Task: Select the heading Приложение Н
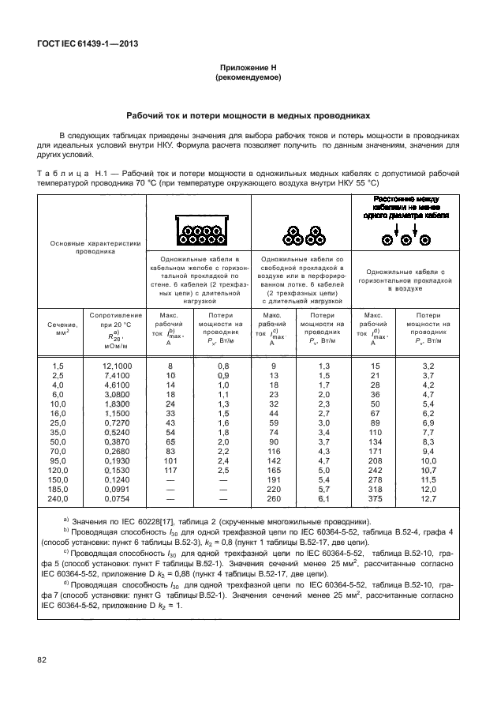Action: pos(248,69)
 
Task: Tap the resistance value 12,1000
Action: pos(117,366)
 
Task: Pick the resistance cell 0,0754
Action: pos(117,499)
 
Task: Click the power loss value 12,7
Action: pos(428,499)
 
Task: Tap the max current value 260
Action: pos(274,499)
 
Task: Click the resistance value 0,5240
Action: pos(117,433)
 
